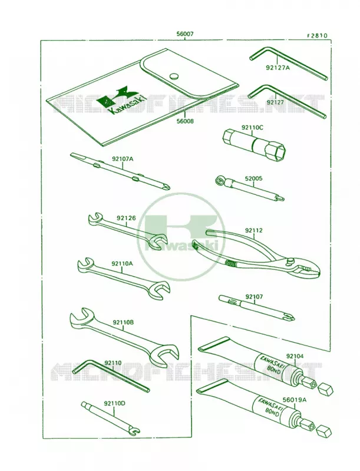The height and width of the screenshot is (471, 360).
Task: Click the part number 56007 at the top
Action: coord(185,35)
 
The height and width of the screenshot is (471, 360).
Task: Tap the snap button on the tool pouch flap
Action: coord(174,76)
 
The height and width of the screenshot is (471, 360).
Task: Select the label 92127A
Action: coord(278,68)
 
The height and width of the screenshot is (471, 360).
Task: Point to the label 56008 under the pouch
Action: coord(185,121)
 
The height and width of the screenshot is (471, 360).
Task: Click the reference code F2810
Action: coord(317,36)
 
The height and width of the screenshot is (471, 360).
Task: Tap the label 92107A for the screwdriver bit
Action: coord(123,158)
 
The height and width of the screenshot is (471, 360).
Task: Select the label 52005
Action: coord(253,178)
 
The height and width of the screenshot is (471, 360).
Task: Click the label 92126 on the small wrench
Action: coord(126,218)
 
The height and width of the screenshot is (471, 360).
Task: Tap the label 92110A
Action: coord(122,263)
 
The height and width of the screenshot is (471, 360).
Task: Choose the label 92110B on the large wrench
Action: coord(123,322)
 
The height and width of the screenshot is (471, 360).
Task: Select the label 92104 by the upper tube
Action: coord(295,356)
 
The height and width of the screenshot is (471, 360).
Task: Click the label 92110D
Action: coord(115,403)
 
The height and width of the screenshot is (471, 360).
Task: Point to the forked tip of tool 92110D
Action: coord(136,432)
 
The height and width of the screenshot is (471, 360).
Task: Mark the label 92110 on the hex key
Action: coord(113,363)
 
